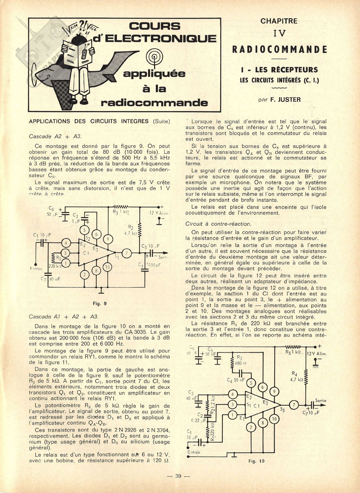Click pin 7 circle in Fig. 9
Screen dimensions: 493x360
click(126, 253)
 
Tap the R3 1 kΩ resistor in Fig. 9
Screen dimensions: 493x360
click(119, 207)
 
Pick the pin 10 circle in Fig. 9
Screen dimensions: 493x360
click(107, 267)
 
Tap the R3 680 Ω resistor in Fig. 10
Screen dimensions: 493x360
click(232, 363)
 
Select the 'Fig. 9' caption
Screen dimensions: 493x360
click(100, 304)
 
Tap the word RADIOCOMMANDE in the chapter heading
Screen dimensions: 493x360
click(279, 50)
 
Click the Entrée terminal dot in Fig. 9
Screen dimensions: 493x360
click(35, 264)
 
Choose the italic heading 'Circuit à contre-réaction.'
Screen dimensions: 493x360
click(218, 224)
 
